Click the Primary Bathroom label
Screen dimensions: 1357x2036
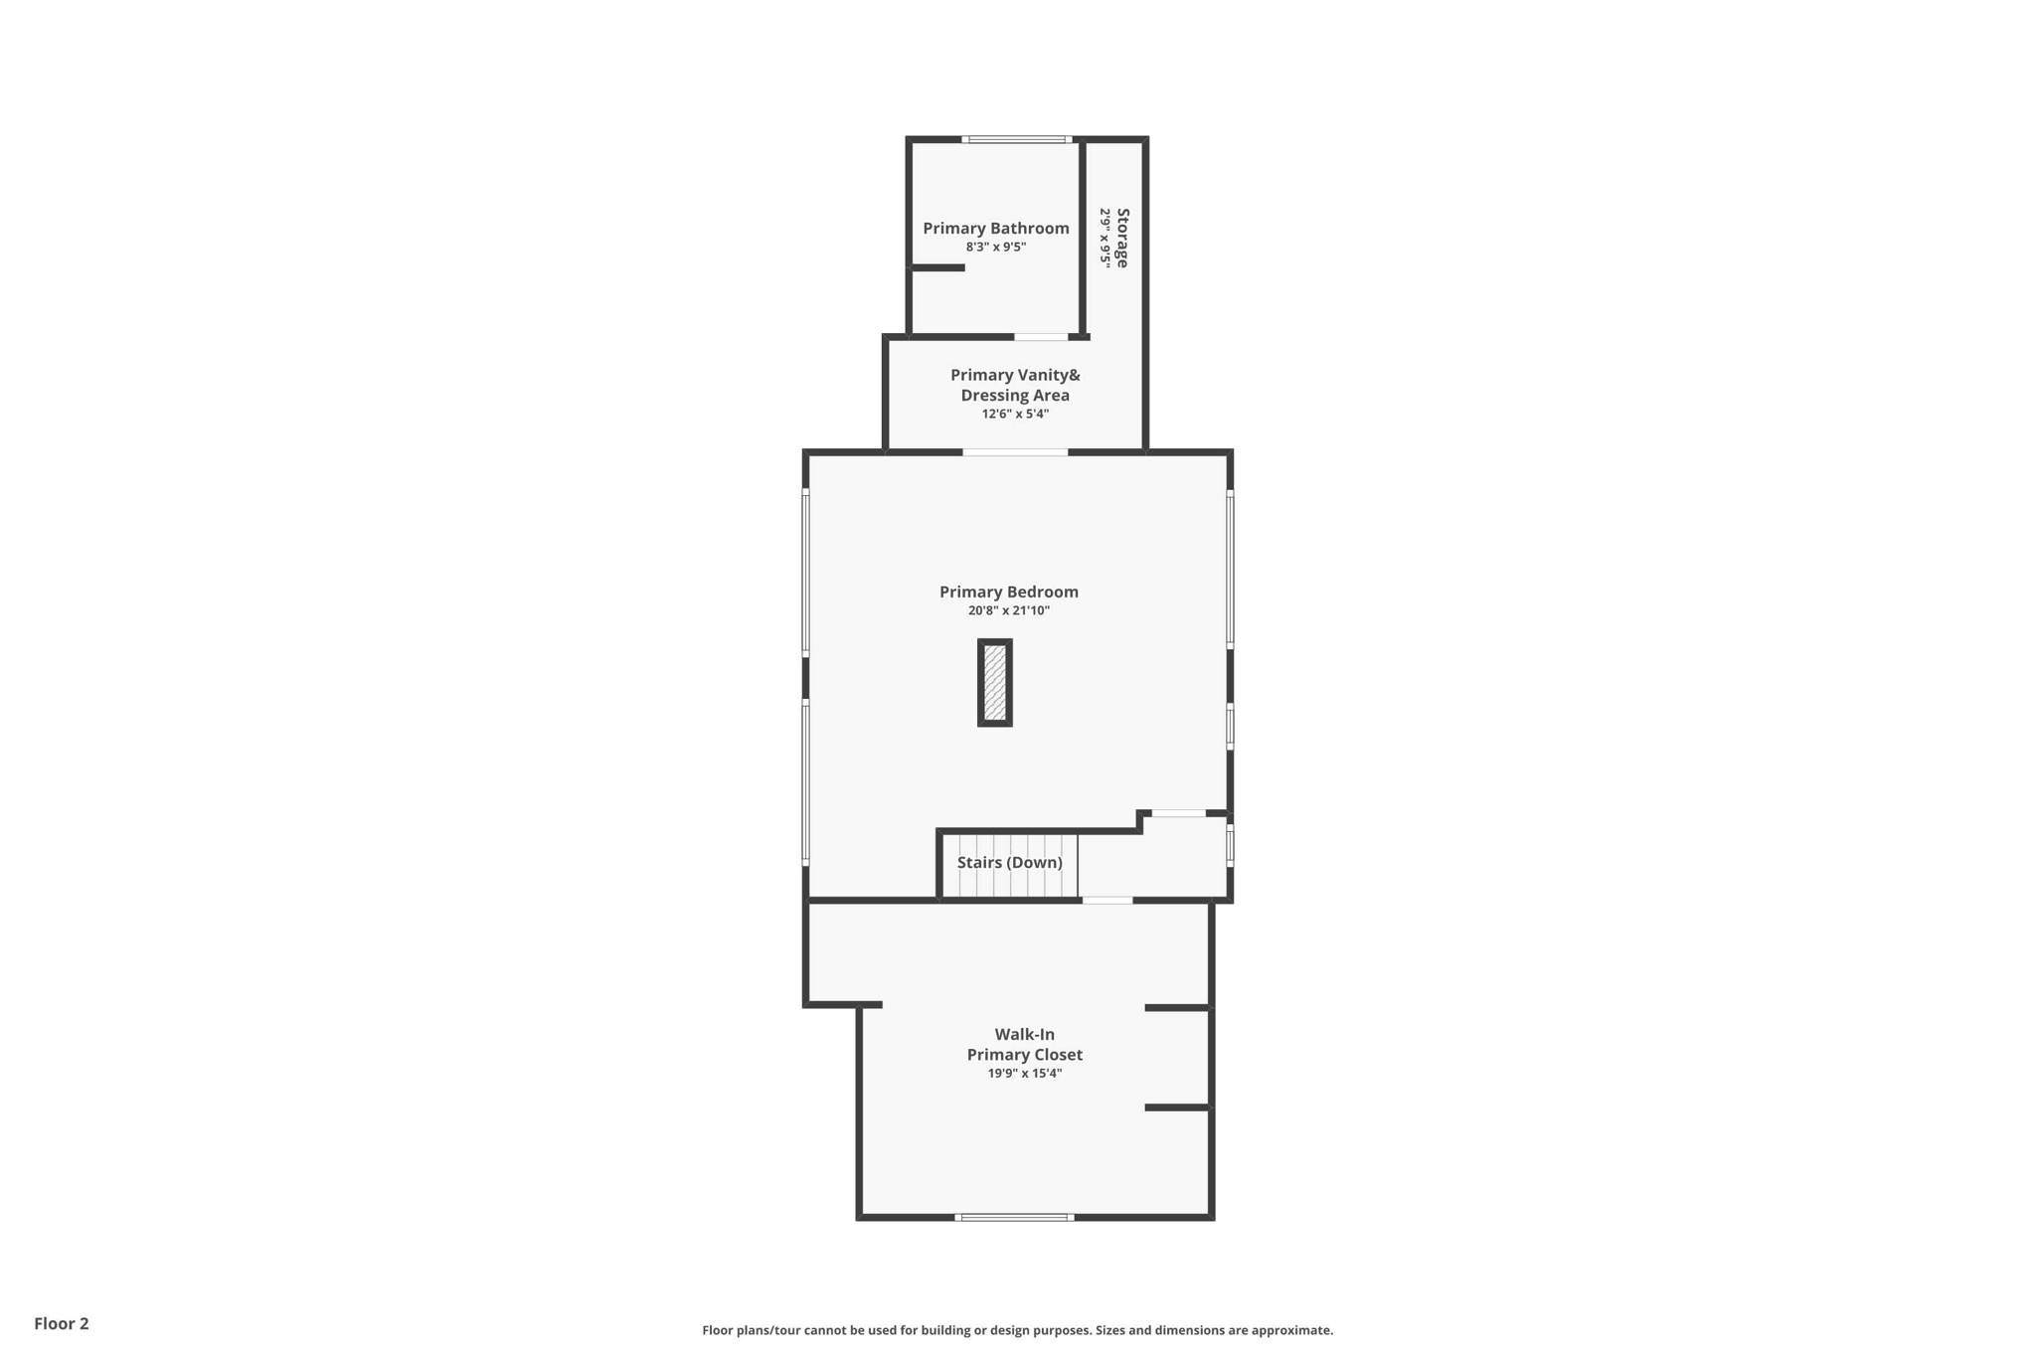tap(995, 229)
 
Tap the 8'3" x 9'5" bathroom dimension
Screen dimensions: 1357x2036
tap(995, 248)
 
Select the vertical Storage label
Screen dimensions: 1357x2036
tap(1122, 238)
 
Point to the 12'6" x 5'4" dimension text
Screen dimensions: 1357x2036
tap(1015, 415)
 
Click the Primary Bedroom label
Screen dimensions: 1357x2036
tap(1008, 593)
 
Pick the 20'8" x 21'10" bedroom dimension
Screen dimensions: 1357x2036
tap(1008, 611)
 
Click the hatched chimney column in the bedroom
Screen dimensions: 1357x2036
tap(994, 683)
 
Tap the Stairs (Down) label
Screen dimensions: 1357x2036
tap(1009, 863)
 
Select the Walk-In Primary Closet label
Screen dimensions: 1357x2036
tap(1024, 1045)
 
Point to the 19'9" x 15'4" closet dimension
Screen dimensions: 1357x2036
tap(1024, 1074)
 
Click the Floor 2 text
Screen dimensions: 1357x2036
tap(62, 1324)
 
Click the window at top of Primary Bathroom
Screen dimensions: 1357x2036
tap(1016, 139)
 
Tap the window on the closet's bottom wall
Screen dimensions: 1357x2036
tap(1014, 1217)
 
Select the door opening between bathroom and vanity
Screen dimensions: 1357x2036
tap(1041, 337)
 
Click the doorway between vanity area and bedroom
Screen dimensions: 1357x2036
tap(1015, 453)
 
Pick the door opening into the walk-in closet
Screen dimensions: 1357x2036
tap(1106, 901)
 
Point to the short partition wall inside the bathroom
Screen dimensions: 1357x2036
tap(937, 267)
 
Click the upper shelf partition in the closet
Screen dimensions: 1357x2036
tap(1178, 1008)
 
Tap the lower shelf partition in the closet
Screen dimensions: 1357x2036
tap(1178, 1107)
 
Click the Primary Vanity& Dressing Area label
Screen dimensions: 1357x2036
tap(1015, 386)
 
